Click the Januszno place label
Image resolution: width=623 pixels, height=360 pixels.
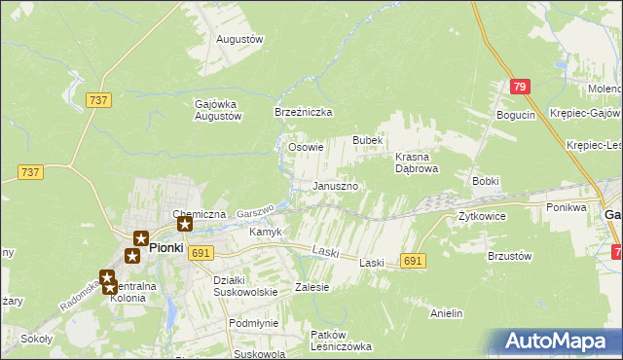(336, 186)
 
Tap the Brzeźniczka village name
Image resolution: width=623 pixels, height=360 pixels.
(305, 113)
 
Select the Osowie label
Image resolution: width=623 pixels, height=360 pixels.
(306, 148)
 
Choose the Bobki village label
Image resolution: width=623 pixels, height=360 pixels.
(485, 181)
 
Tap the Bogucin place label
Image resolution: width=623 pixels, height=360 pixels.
(516, 116)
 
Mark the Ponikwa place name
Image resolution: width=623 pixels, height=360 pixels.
(566, 207)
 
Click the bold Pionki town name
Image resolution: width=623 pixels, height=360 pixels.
(166, 248)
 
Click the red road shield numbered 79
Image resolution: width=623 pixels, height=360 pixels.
(521, 88)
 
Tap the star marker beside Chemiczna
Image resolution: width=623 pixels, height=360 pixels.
(185, 225)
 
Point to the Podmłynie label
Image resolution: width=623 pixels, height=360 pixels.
(253, 323)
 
